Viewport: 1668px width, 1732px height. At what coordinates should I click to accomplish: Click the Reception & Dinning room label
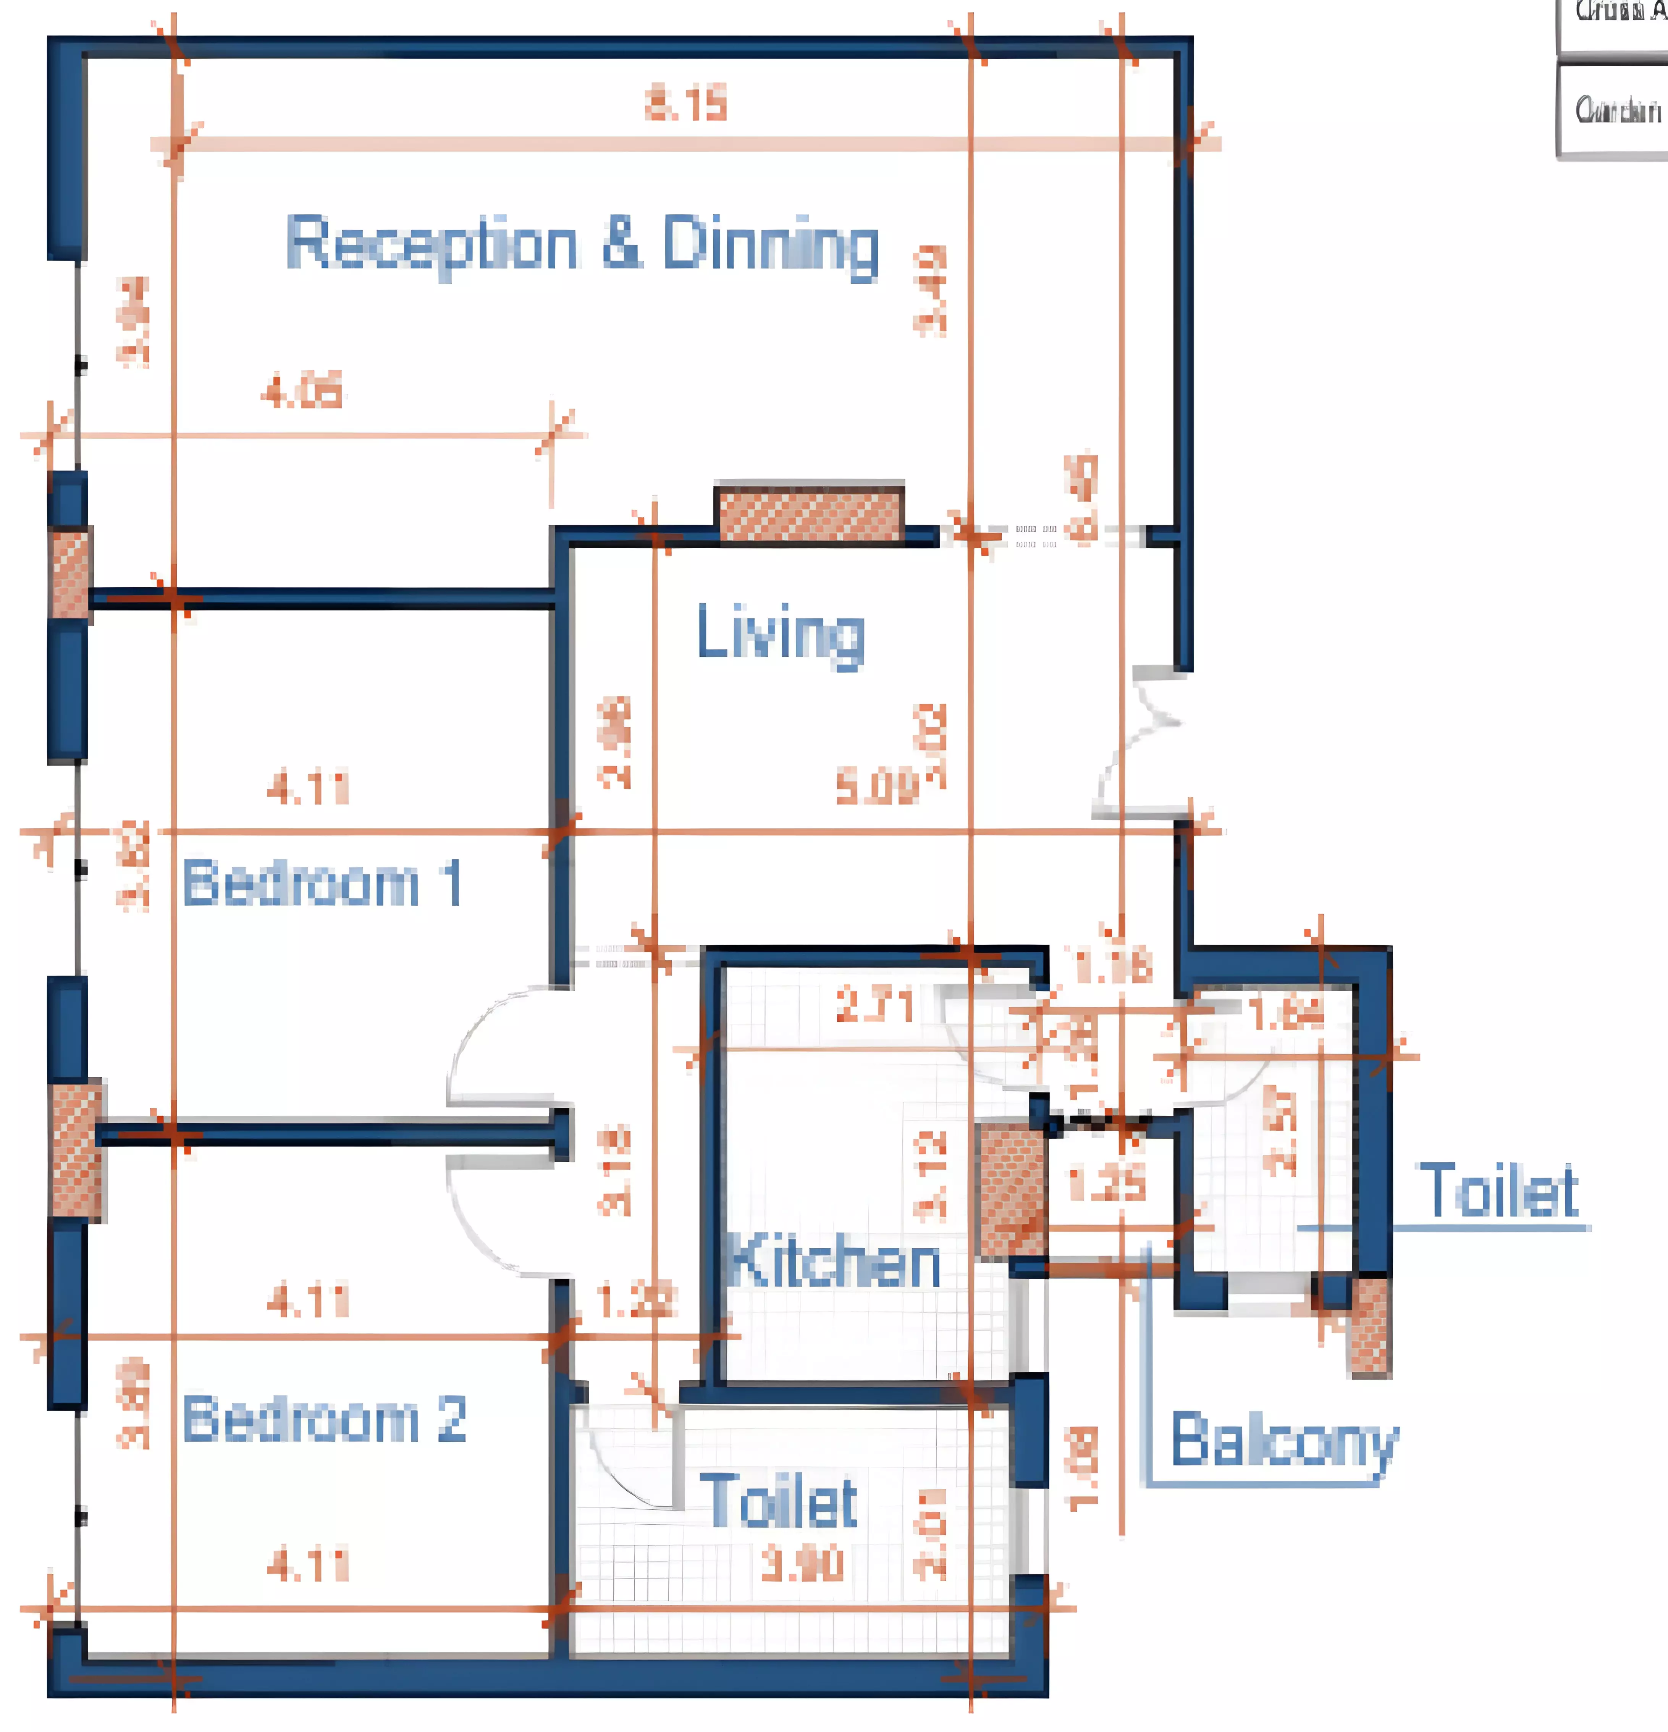[582, 244]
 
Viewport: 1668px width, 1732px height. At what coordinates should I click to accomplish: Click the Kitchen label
[834, 1262]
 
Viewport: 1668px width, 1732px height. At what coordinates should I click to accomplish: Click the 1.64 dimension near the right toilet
[1286, 1015]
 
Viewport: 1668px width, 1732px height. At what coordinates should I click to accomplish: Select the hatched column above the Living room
[810, 512]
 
